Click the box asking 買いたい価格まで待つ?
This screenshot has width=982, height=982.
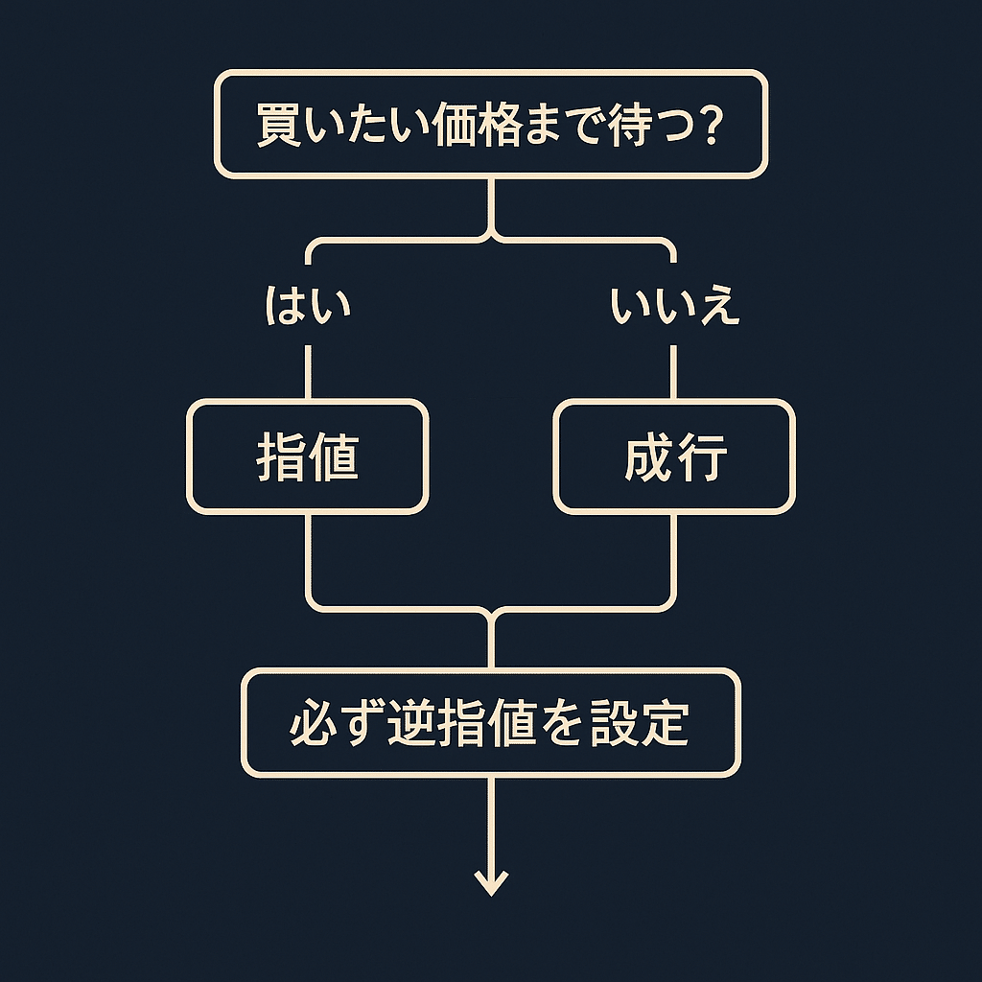pyautogui.click(x=490, y=124)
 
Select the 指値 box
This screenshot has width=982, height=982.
pyautogui.click(x=307, y=456)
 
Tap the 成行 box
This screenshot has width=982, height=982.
pyautogui.click(x=674, y=456)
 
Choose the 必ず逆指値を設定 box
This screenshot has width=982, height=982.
pyautogui.click(x=490, y=722)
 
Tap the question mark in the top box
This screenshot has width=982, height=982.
pyautogui.click(x=709, y=126)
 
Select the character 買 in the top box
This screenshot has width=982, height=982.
pyautogui.click(x=278, y=126)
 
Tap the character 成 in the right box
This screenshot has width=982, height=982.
pyautogui.click(x=648, y=457)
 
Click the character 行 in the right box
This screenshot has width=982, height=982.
pyautogui.click(x=702, y=457)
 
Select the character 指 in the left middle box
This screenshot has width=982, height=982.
pyautogui.click(x=280, y=457)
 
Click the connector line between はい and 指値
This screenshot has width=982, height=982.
pyautogui.click(x=308, y=372)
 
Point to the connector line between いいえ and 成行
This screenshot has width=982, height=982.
pyautogui.click(x=674, y=372)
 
